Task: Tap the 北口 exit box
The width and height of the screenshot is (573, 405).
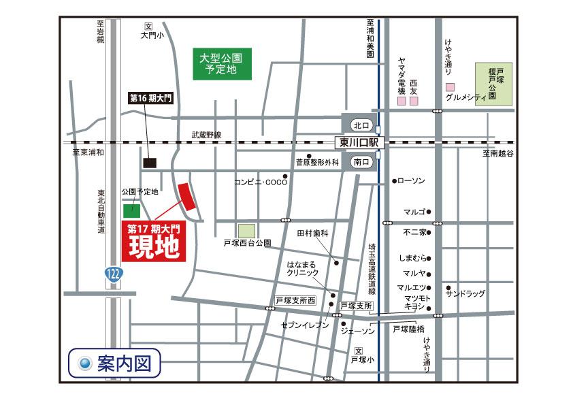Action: [361, 125]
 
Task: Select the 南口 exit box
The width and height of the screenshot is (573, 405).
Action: [361, 162]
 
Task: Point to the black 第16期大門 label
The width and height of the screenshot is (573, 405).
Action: [150, 98]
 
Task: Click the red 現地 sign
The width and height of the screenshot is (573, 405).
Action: [154, 242]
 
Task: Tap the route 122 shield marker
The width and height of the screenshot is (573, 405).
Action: [114, 274]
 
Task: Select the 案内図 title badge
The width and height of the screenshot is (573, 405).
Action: [115, 361]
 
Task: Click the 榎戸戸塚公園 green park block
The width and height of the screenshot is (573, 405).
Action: [494, 84]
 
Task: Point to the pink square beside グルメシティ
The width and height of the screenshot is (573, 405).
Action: [450, 87]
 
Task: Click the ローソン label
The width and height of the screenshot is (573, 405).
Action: [410, 181]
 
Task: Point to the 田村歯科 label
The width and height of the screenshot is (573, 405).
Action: [312, 233]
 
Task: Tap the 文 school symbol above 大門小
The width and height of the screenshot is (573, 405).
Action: [148, 27]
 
